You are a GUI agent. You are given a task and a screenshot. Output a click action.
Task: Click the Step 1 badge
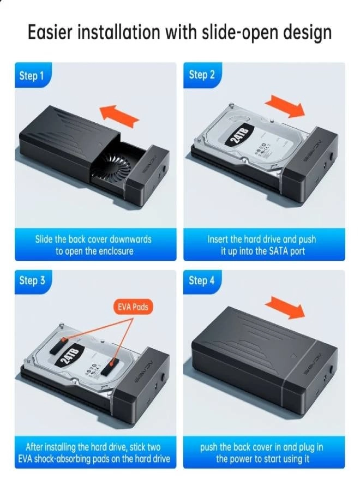(31, 76)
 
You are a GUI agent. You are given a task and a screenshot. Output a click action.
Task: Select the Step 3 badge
(32, 281)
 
